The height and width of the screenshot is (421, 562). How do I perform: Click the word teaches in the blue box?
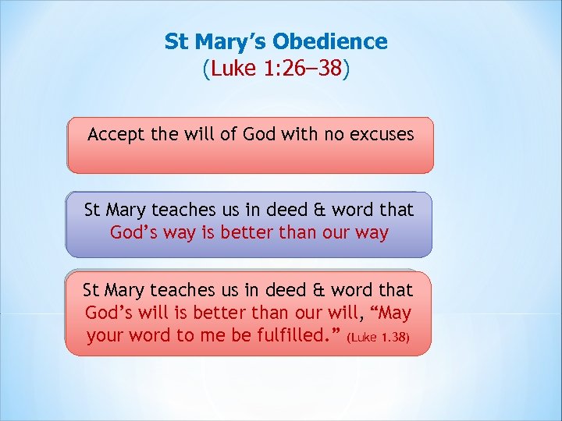184,210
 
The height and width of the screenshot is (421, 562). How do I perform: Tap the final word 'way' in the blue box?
372,232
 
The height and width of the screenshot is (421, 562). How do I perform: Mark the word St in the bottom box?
92,290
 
